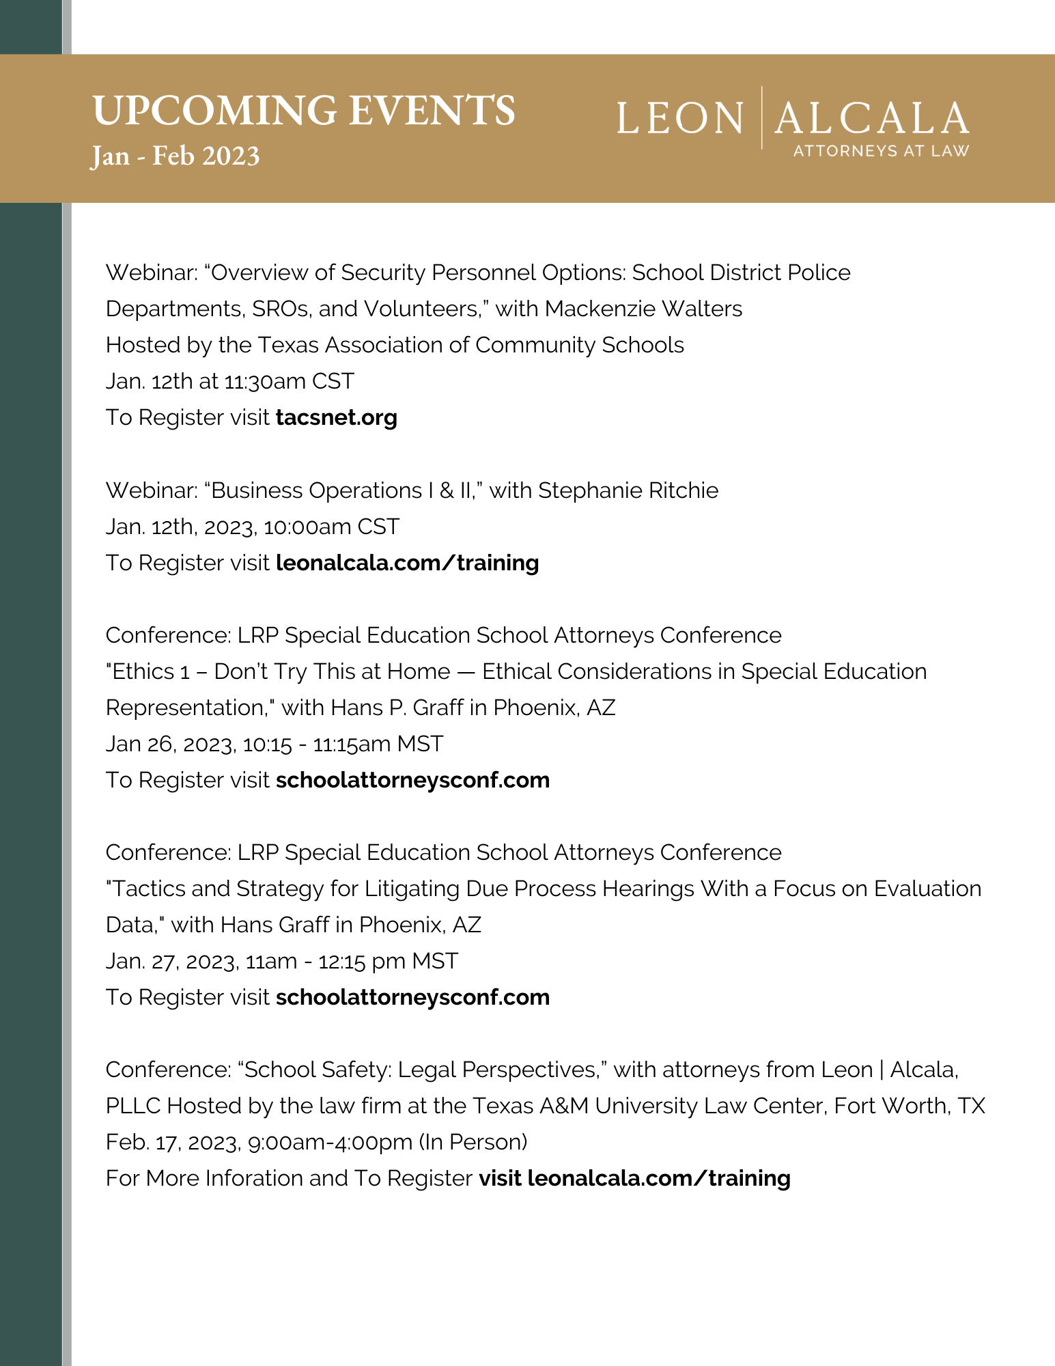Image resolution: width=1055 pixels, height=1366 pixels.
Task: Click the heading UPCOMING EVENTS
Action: click(x=303, y=110)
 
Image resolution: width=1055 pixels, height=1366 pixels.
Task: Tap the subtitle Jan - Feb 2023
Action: click(x=175, y=156)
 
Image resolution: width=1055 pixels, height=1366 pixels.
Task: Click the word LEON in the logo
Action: click(x=680, y=118)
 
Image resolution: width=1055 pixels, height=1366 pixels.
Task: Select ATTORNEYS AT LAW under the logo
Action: click(x=880, y=151)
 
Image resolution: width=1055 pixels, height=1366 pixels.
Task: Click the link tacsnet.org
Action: click(x=336, y=417)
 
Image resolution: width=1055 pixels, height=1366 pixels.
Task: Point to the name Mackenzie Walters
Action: click(x=643, y=309)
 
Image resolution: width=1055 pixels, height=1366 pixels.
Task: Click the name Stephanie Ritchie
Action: click(x=628, y=490)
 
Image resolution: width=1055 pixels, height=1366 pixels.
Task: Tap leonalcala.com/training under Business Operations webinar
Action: click(x=407, y=563)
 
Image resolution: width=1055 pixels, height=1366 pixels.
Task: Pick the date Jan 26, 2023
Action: click(x=171, y=744)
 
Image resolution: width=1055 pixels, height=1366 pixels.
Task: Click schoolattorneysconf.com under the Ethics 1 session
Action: click(x=412, y=780)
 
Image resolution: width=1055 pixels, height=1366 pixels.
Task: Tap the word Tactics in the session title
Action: click(x=149, y=889)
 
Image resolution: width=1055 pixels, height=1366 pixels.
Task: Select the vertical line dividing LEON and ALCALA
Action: click(x=762, y=117)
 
